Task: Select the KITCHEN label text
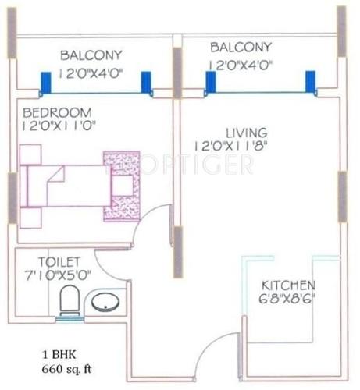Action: pyautogui.click(x=288, y=285)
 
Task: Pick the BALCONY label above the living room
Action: pyautogui.click(x=241, y=48)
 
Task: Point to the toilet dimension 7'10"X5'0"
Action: pyautogui.click(x=59, y=276)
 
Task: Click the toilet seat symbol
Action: pyautogui.click(x=69, y=300)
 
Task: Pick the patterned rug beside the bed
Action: pyautogui.click(x=122, y=187)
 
